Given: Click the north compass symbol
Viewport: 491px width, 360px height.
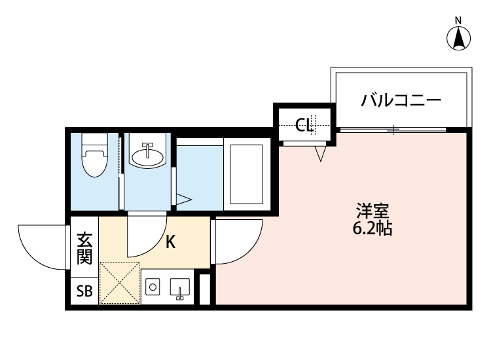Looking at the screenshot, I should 460,38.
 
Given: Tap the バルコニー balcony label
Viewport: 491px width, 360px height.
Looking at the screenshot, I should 401,101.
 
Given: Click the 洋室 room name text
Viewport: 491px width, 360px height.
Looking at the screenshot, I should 373,212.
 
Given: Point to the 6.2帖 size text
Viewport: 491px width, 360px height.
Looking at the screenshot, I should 373,229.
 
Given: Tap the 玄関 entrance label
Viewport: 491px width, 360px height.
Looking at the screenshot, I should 84,248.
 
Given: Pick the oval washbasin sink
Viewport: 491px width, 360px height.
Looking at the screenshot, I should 147,156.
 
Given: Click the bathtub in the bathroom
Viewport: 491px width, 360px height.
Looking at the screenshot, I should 245,174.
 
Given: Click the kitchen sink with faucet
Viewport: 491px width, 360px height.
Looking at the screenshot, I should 179,288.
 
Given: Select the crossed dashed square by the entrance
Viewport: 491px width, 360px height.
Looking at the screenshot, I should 118,283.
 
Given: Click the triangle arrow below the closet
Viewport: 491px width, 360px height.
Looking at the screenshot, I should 320,154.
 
